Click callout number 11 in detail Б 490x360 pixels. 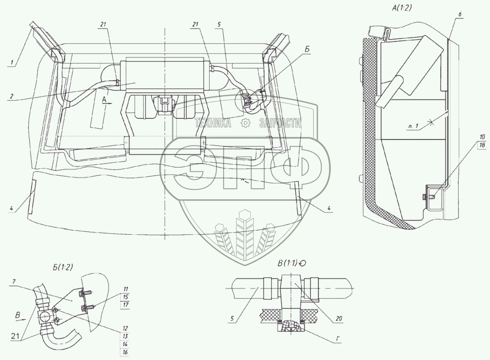click(125, 289)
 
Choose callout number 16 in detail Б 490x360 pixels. click(125, 352)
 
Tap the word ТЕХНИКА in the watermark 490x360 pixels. click(213, 123)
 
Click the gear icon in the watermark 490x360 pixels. click(246, 123)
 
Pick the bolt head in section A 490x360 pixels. click(425, 196)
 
